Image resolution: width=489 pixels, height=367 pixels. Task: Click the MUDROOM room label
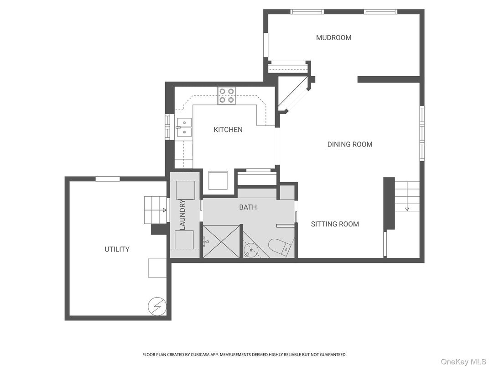(333, 38)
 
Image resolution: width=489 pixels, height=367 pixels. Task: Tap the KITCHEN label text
(228, 130)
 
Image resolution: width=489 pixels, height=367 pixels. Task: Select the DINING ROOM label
(349, 144)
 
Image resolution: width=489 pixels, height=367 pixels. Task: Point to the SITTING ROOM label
(335, 224)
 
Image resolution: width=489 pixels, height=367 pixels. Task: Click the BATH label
(248, 207)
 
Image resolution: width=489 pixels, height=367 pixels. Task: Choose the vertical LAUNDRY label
(182, 214)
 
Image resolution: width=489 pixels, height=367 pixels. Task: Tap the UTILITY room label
(117, 249)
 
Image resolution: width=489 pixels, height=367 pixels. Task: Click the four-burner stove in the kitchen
(226, 95)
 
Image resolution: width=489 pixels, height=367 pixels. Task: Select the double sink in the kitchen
(184, 127)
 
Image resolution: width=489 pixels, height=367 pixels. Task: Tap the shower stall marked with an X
(221, 242)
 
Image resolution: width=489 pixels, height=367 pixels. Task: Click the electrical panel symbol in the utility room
(156, 306)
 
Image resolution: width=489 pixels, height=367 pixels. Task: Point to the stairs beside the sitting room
(406, 196)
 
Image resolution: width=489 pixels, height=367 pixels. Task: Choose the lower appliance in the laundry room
(185, 240)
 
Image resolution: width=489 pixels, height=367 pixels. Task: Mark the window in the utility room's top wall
(108, 179)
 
